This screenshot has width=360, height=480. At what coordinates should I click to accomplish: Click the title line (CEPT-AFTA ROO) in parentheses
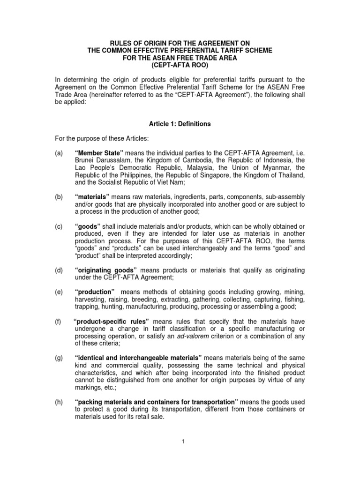(x=180, y=64)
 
